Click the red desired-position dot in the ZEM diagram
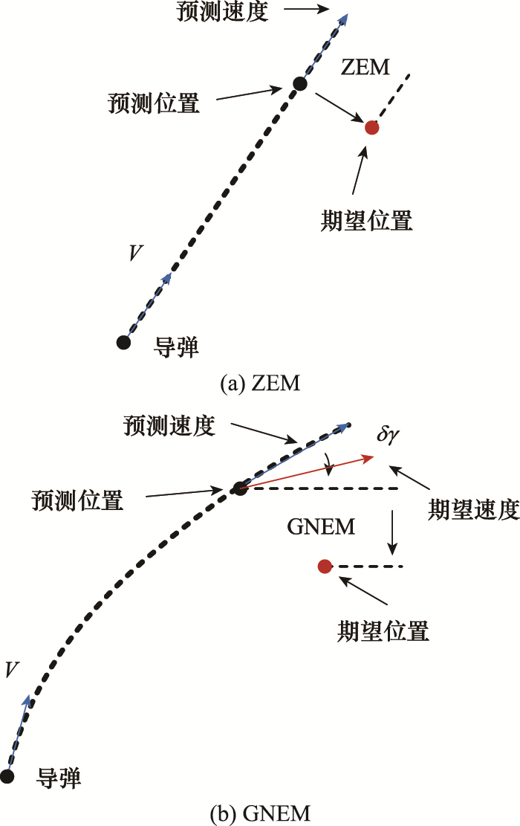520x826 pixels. click(x=372, y=127)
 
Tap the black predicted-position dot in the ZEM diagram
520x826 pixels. click(x=300, y=84)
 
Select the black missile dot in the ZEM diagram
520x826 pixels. click(x=124, y=342)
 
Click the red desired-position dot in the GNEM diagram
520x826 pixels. click(x=324, y=567)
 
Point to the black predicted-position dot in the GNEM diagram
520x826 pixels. click(x=239, y=488)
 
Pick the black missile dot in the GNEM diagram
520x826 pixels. click(x=7, y=776)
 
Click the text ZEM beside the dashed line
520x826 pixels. click(x=365, y=68)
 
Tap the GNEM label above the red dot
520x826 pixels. click(x=321, y=528)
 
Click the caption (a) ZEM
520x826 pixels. click(x=259, y=384)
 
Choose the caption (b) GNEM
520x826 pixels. click(x=259, y=813)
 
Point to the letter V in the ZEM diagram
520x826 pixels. click(x=135, y=254)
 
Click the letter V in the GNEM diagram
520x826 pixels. click(x=11, y=669)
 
